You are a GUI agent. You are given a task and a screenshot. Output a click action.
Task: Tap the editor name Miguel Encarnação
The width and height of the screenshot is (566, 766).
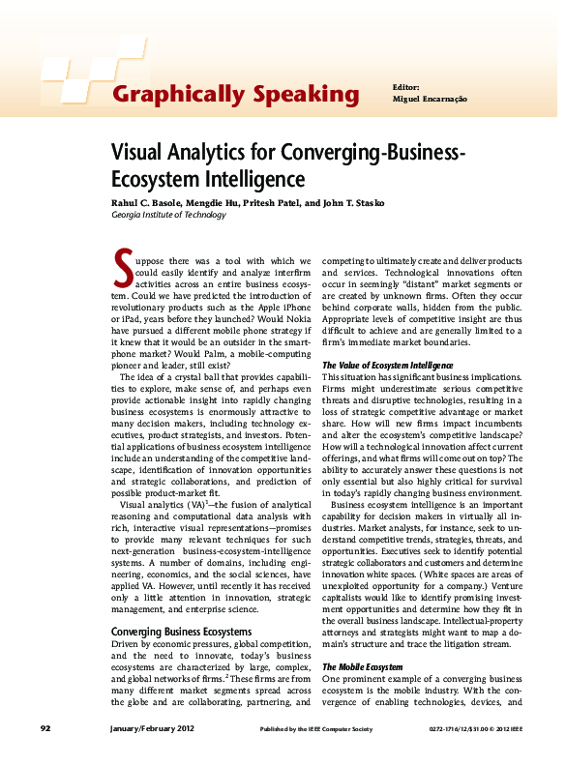[430, 100]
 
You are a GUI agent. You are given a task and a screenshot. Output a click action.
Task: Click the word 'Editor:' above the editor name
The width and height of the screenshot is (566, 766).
[406, 87]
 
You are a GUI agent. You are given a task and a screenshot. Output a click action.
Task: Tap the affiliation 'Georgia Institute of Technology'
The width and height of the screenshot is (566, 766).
[169, 215]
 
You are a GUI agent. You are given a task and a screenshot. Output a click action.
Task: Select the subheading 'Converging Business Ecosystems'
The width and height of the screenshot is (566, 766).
[184, 632]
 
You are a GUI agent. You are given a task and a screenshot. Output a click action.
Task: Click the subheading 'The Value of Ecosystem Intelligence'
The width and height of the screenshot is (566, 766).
[387, 365]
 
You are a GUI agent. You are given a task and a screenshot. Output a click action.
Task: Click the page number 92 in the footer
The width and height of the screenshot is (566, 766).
[45, 728]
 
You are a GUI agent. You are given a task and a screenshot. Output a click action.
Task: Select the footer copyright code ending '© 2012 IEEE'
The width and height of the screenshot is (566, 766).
[476, 728]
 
